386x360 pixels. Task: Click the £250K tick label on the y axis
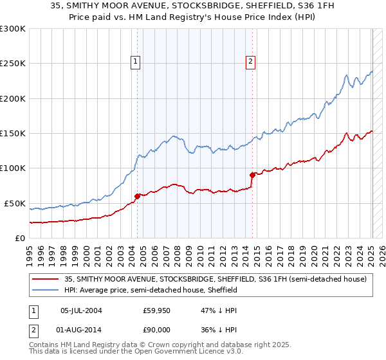click(x=12, y=64)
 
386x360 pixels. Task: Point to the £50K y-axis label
click(x=14, y=203)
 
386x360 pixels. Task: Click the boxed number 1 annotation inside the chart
click(x=136, y=62)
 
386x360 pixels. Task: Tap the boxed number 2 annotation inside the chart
click(x=250, y=62)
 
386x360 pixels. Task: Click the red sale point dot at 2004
click(x=138, y=196)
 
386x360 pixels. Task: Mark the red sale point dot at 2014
click(x=253, y=175)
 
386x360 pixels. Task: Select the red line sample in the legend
click(x=46, y=279)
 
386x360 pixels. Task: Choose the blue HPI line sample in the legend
click(x=46, y=291)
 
